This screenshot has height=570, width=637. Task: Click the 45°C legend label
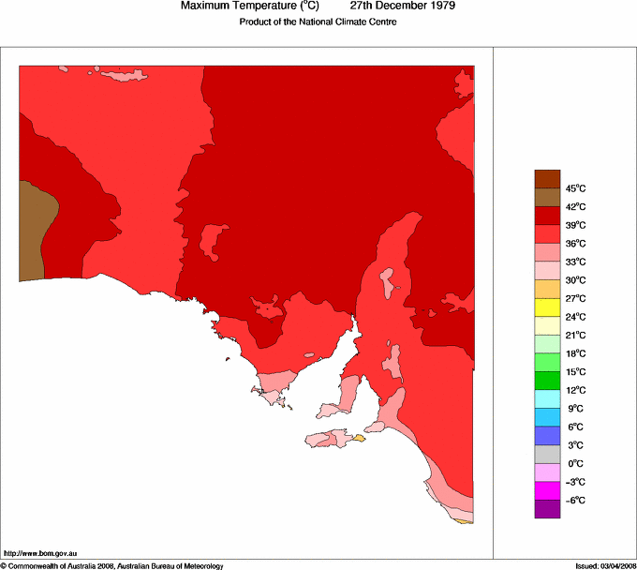tap(549, 188)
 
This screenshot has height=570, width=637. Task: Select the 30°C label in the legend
tap(550, 280)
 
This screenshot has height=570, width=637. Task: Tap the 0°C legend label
tap(549, 464)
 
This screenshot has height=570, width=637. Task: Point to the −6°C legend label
tap(549, 501)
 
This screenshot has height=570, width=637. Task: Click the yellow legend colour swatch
tap(547, 307)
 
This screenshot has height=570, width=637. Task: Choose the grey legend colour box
tap(547, 454)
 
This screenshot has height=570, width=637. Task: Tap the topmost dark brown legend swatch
tap(547, 179)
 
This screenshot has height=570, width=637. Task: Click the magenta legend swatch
tap(547, 490)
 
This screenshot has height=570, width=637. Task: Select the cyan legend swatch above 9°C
tap(547, 399)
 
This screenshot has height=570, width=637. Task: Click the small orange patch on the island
tap(358, 438)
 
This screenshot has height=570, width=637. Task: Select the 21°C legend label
tap(550, 336)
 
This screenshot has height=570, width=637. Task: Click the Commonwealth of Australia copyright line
tap(112, 565)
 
